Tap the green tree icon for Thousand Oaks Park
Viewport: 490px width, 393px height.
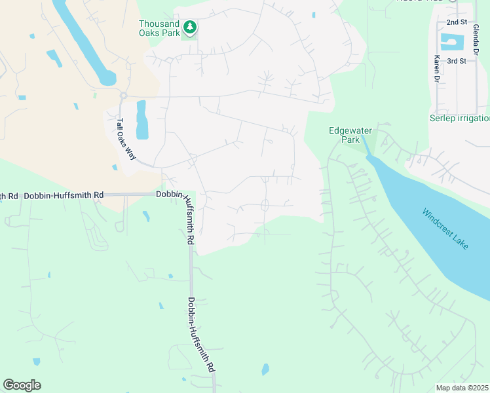pos(190,27)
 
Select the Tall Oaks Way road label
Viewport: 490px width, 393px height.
pos(126,140)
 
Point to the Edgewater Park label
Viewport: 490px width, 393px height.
pos(345,135)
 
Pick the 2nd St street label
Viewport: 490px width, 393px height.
pos(456,22)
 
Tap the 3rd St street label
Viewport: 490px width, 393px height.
pos(456,61)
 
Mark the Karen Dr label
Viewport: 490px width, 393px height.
pos(436,68)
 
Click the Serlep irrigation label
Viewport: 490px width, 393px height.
pos(459,119)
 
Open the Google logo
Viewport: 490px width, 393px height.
pos(22,385)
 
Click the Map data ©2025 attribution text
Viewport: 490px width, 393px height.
pos(462,388)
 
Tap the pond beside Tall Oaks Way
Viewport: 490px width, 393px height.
pos(141,119)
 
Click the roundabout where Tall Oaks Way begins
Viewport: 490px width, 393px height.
pos(122,96)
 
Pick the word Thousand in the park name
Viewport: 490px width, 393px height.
pos(158,24)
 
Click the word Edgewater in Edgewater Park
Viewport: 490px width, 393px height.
pos(345,130)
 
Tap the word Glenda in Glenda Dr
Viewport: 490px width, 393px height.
pos(476,33)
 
